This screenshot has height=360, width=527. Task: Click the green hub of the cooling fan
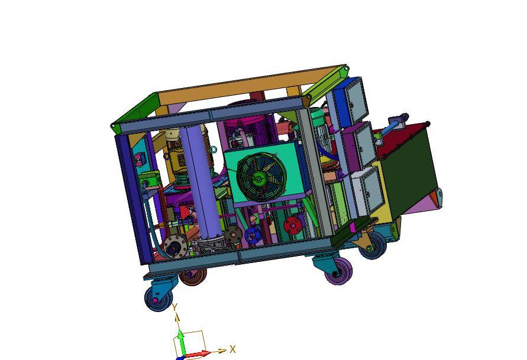pos(258,178)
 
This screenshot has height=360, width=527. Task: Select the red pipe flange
pos(292,226)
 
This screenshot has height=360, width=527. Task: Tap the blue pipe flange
pos(253,235)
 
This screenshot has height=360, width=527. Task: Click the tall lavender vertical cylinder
pos(201,181)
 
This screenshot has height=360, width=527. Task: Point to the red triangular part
pos(184,212)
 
